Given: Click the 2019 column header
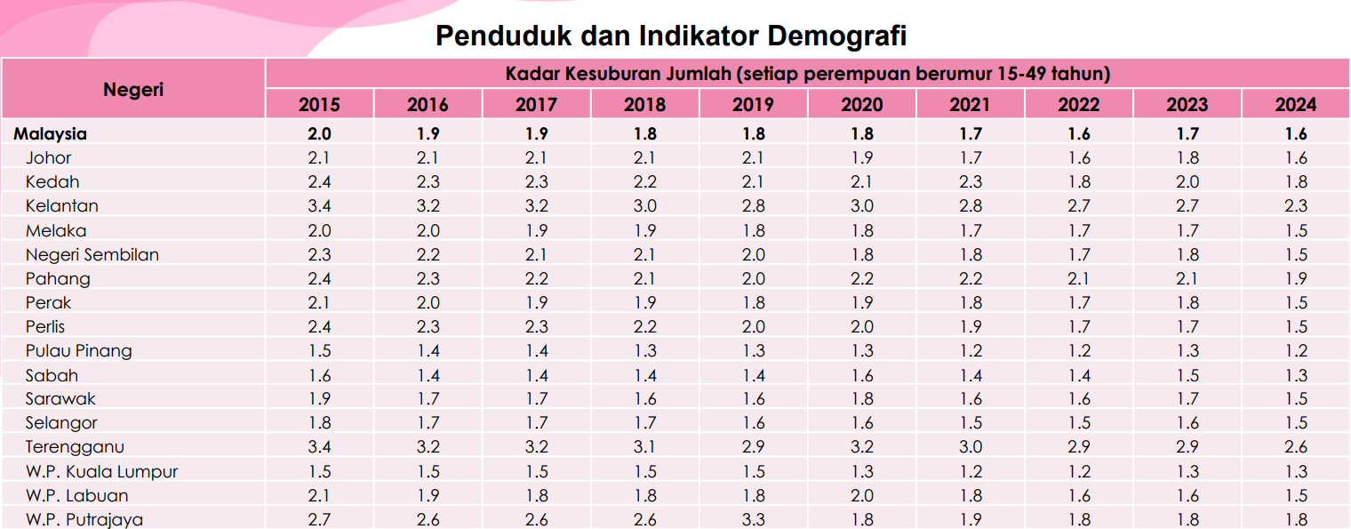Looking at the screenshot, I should pos(753,105).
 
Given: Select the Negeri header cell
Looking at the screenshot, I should pos(133,89).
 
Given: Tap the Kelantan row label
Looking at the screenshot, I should pos(62,206).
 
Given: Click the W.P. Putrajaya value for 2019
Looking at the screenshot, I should pos(753,520).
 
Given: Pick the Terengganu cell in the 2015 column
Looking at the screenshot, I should pos(319,447).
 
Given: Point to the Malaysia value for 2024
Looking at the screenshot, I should pos(1296,134).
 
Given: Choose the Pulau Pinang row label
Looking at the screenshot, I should pos(79,351).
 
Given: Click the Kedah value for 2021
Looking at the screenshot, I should pos(970,182).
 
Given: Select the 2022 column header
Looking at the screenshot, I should pos(1078,105).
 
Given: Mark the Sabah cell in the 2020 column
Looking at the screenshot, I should pos(861,375).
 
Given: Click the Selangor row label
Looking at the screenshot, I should pos(61,423).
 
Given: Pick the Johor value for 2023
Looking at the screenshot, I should pos(1187,158).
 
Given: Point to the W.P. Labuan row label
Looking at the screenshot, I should pos(77,496).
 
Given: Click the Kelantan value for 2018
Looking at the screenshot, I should pos(644,206).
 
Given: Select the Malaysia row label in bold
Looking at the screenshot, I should pos(50,134).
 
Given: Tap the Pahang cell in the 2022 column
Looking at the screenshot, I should pos(1078,279).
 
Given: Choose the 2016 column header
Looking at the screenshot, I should pos(428,105).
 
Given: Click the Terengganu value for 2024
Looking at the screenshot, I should pos(1296,447).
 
